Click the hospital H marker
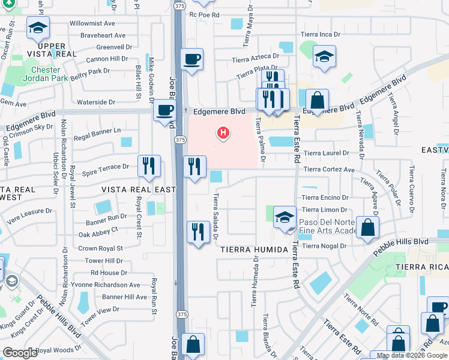pos(223,132)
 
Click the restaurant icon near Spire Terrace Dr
pos(148,166)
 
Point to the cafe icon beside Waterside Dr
pos(164,110)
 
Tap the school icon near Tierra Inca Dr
pos(324,56)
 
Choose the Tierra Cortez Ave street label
pos(328,170)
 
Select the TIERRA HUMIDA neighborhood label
pos(254,249)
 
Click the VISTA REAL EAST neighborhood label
pos(139,190)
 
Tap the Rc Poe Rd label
pos(205,15)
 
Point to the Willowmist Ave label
pos(92,23)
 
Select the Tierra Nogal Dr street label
pos(324,246)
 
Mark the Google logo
pos(20,353)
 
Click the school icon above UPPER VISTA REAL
pos(38,27)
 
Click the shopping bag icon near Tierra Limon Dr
pos(367,227)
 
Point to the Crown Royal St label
pos(100,248)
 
